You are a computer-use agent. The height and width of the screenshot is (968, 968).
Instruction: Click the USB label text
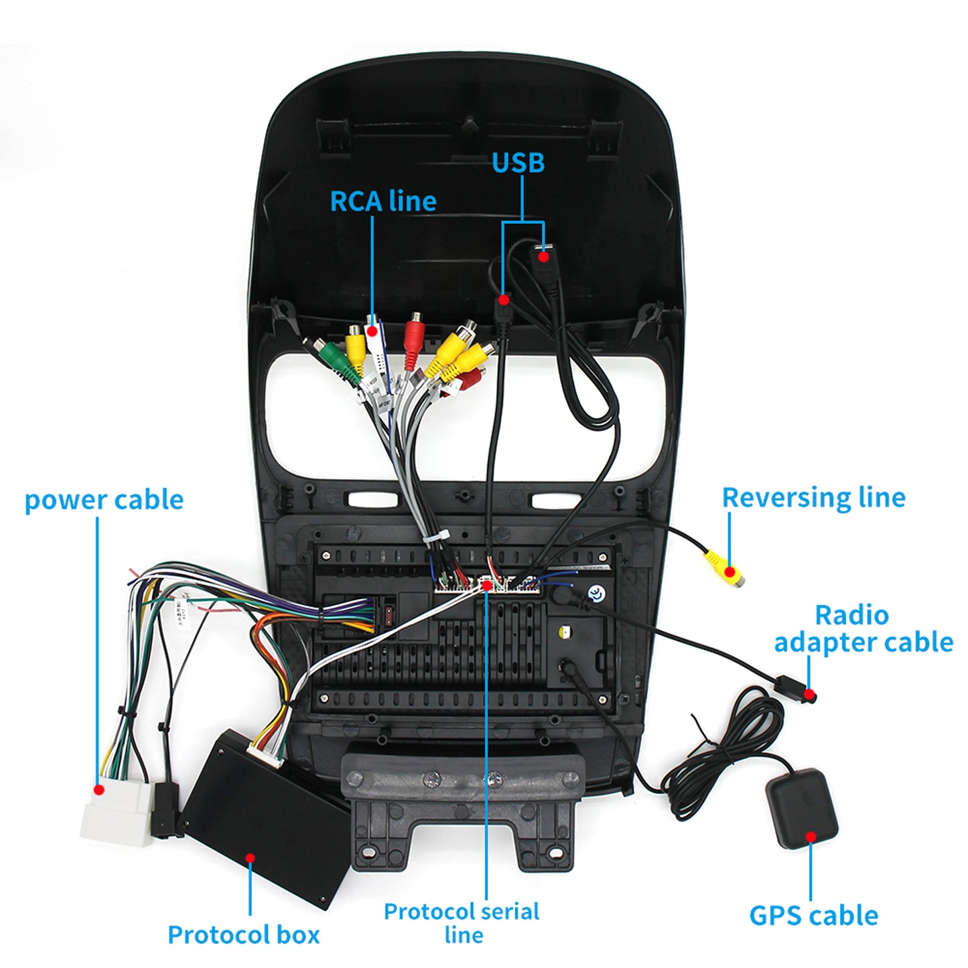pos(518,162)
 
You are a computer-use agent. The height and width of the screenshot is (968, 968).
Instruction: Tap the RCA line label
pos(383,201)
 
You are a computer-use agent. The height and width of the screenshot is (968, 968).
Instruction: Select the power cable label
pos(104,500)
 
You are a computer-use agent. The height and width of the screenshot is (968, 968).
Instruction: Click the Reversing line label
pos(813,498)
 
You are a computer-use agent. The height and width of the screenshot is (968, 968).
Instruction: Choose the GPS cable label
pos(813,915)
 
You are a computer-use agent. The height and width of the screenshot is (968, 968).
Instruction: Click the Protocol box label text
pos(243,935)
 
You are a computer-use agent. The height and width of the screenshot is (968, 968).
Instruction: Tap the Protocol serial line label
pos(462,922)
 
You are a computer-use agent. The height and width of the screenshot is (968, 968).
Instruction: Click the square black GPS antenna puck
pos(801,807)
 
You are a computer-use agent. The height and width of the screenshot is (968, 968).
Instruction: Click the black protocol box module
pos(268,817)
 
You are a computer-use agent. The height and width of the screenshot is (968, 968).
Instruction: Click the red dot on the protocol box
pos(250,857)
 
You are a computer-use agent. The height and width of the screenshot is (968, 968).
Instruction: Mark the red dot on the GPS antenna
pos(811,836)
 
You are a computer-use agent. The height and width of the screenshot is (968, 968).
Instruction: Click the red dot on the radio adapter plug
pos(810,694)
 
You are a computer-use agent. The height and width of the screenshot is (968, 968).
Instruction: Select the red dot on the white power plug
pos(99,790)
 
